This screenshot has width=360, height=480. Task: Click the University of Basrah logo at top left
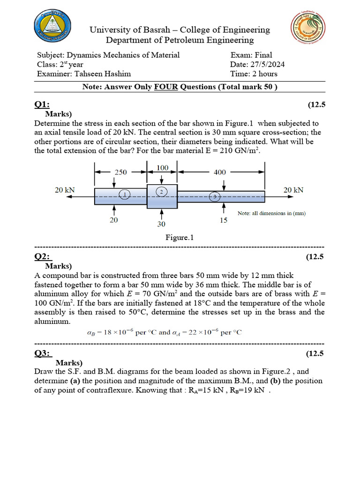click(x=53, y=27)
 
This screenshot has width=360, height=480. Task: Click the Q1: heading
click(x=42, y=105)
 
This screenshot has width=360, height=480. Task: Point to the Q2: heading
click(x=43, y=256)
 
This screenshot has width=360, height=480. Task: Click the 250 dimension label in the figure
click(x=121, y=172)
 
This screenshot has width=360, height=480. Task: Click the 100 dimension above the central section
click(x=162, y=167)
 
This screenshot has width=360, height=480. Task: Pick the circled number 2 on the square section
click(x=161, y=192)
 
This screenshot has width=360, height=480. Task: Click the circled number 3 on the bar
click(x=215, y=197)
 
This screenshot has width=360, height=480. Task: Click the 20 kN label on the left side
click(x=65, y=190)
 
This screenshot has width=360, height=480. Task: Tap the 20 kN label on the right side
click(x=293, y=190)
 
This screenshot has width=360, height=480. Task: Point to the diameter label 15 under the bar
click(x=224, y=220)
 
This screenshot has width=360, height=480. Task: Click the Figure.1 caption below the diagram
click(x=180, y=238)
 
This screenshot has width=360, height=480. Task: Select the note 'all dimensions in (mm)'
click(x=271, y=213)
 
